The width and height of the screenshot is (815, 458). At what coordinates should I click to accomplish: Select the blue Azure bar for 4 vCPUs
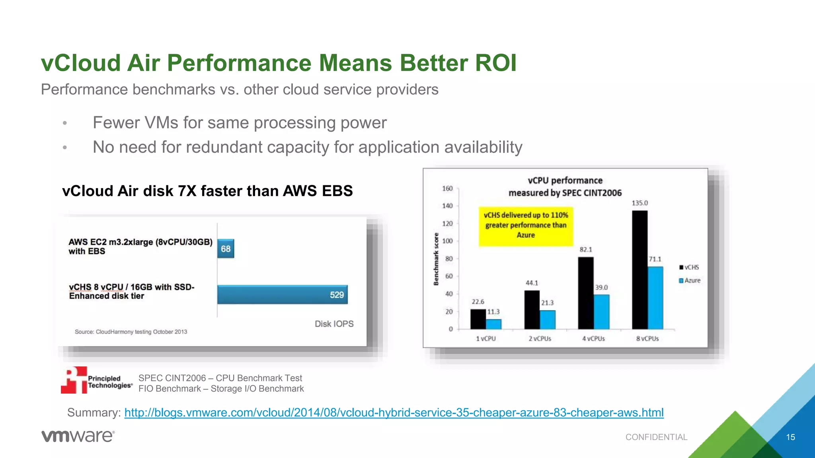coord(601,312)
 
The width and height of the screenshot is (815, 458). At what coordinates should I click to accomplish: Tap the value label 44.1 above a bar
coord(532,283)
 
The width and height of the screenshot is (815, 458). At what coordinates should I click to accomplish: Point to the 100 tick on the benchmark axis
coord(447,241)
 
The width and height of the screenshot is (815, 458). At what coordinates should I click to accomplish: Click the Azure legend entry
coord(690,280)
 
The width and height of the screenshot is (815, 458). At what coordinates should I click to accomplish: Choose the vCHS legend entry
coord(689,267)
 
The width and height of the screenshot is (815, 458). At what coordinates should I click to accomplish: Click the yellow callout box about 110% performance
coord(526,225)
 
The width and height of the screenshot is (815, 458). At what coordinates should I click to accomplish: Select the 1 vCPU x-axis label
coord(485,339)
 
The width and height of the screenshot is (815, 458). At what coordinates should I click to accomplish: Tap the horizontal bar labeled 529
coord(282,295)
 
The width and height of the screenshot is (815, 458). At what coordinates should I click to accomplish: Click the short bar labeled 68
coord(226,249)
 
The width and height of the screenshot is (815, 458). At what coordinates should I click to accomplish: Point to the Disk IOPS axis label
coord(334,324)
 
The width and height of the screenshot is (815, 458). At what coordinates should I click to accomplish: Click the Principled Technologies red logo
coord(74,380)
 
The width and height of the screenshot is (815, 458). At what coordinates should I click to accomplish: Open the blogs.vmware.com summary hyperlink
coord(394,413)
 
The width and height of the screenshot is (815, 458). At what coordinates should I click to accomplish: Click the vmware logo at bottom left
coord(78,436)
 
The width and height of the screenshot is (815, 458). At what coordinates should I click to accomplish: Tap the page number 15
coord(790,437)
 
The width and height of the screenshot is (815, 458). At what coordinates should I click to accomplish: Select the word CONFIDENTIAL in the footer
coord(656,437)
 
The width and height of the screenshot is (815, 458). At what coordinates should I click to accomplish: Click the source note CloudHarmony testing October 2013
coord(131,332)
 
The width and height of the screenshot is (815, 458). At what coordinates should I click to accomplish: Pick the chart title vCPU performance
coord(565,180)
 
